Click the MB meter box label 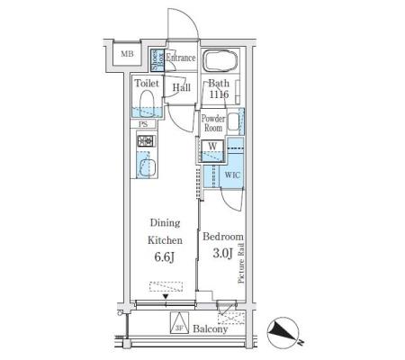coord(127,54)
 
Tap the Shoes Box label coord(157,60)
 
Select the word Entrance coord(181,58)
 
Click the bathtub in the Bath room coord(220,60)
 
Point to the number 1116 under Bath coord(219,94)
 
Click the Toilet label coord(147,83)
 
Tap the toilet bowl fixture coord(147,103)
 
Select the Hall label coord(182,87)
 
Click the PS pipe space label coord(143,124)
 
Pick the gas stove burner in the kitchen coord(147,140)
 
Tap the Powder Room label coord(213,123)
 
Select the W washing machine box coord(212,151)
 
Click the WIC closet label coord(232,175)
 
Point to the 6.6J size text coord(165,257)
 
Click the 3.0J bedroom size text coord(223,254)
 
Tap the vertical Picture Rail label coord(241,264)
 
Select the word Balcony coord(211,329)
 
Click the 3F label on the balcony coord(179,328)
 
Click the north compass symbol coord(283,332)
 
